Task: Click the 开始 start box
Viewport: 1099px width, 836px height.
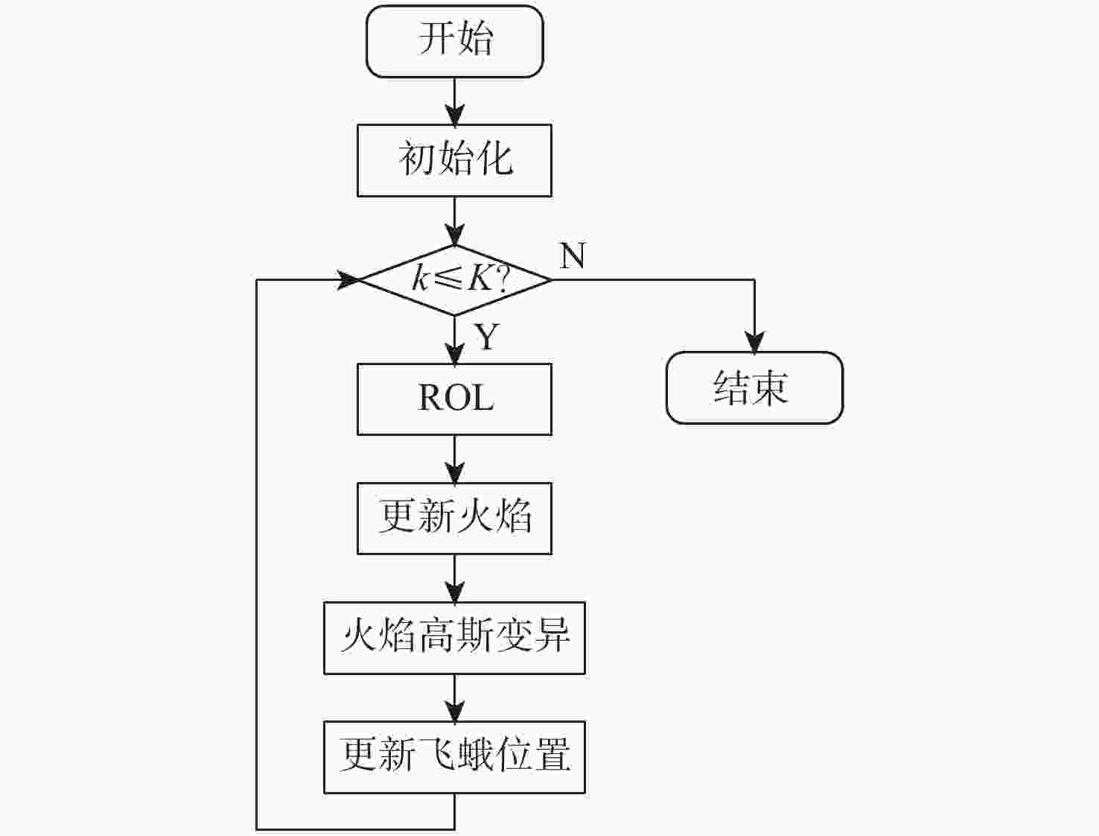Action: [x=454, y=41]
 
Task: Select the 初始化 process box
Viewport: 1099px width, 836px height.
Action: [x=454, y=160]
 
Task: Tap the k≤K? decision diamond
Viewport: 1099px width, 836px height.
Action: [x=454, y=280]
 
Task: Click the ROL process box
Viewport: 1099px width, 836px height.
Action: [x=454, y=399]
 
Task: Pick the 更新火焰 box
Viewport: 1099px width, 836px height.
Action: [x=454, y=518]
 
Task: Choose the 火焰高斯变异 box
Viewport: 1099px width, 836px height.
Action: [x=454, y=638]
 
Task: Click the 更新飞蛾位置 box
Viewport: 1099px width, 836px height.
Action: [x=454, y=757]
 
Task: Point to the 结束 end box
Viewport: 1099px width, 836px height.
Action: [x=754, y=388]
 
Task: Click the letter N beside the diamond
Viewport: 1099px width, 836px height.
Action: [x=572, y=256]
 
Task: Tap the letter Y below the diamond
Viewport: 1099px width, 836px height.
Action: [x=487, y=337]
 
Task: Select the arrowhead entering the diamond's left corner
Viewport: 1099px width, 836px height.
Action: [x=348, y=280]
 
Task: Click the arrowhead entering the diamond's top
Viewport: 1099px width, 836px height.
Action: [x=454, y=235]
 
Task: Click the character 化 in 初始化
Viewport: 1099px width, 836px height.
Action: [x=494, y=159]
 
